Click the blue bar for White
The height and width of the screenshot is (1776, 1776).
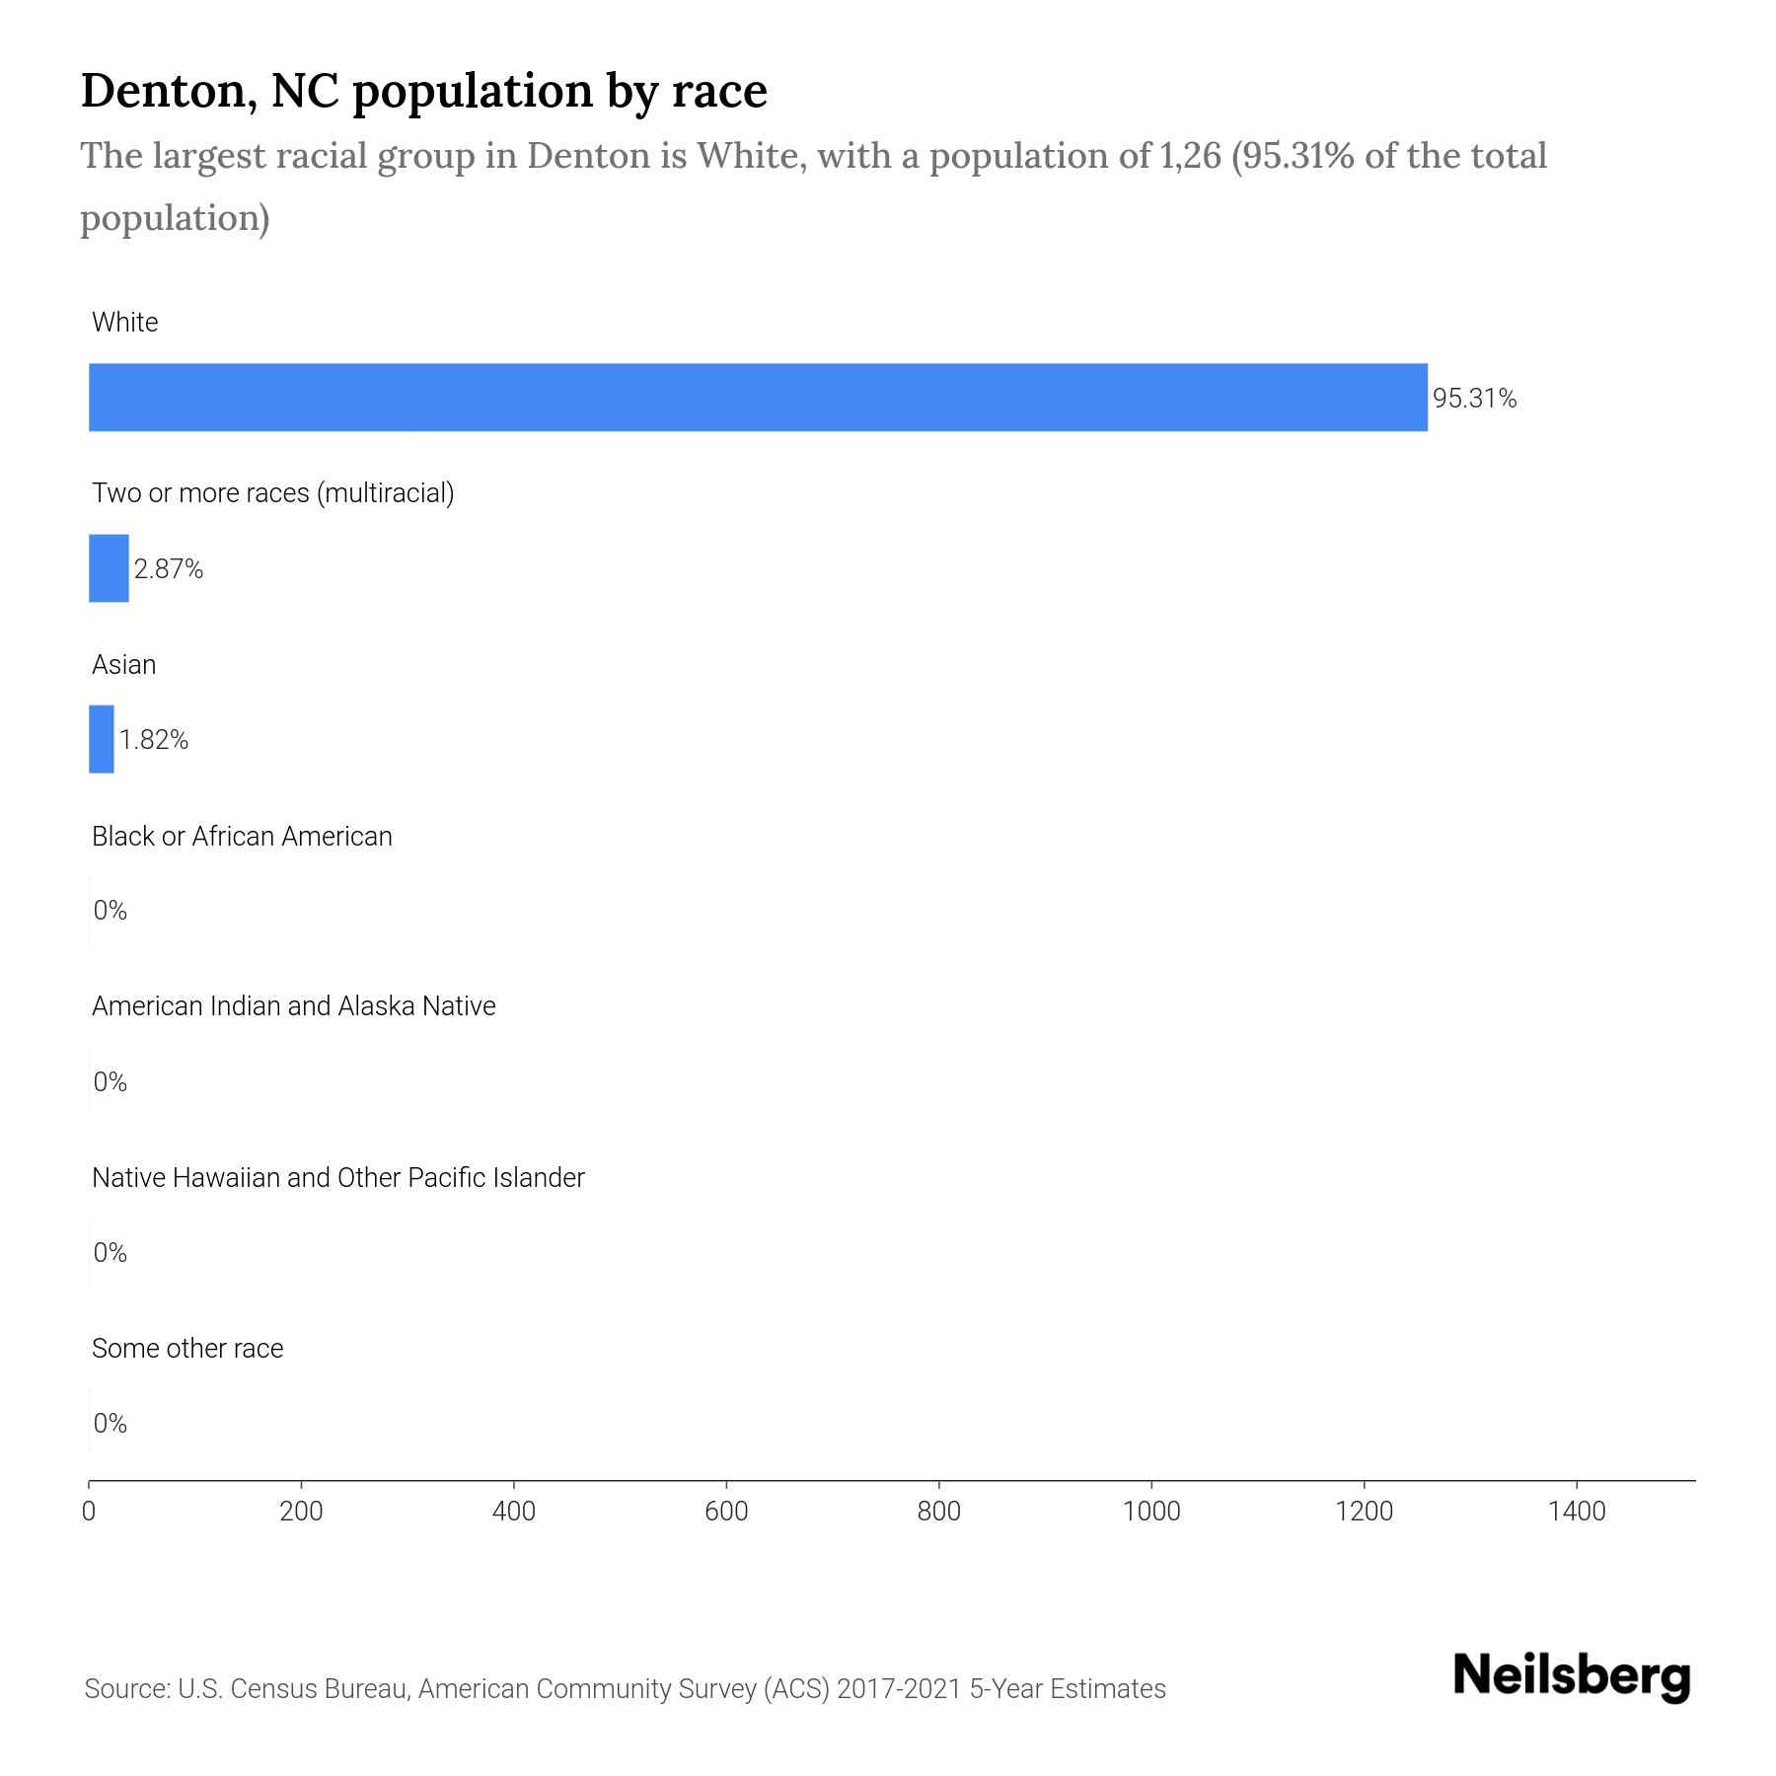(x=758, y=398)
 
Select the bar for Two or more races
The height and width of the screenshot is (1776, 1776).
(x=109, y=568)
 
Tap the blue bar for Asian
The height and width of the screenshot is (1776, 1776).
(x=102, y=739)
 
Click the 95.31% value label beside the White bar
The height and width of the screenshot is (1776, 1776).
(x=1474, y=399)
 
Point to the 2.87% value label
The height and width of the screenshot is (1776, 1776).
(x=169, y=569)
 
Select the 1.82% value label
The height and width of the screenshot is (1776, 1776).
(x=154, y=740)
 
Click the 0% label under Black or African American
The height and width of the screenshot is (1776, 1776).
(x=111, y=911)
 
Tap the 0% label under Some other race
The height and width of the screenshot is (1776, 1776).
(x=111, y=1423)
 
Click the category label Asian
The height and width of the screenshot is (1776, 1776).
(x=124, y=665)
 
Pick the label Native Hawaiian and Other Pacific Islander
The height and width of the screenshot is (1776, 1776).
(x=338, y=1178)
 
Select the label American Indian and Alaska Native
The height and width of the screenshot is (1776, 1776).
(x=294, y=1006)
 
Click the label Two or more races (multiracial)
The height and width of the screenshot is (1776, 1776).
(x=273, y=493)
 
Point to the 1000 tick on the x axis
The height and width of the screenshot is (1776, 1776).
(x=1151, y=1512)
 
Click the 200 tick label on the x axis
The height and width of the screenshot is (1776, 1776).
(x=301, y=1512)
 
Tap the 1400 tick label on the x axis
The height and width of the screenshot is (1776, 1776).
(x=1577, y=1512)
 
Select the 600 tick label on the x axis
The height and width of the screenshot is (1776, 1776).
(x=726, y=1512)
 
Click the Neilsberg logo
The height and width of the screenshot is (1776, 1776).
(x=1572, y=1676)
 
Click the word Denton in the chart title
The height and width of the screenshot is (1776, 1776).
(x=164, y=91)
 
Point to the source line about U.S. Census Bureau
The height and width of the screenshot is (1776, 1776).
(x=626, y=1689)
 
